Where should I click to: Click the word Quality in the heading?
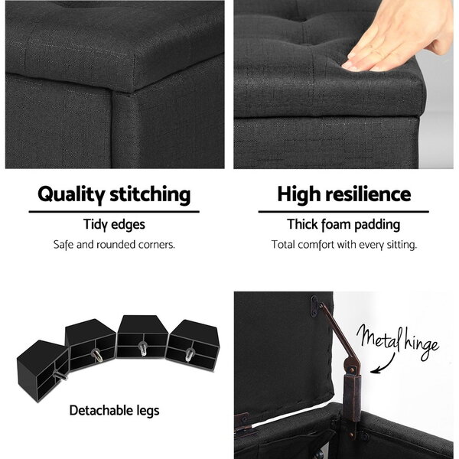pyautogui.click(x=71, y=194)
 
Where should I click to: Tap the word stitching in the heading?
pyautogui.click(x=150, y=194)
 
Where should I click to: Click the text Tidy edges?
pyautogui.click(x=114, y=225)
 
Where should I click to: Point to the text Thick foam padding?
pyautogui.click(x=343, y=225)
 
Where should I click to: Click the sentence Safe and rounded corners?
pyautogui.click(x=114, y=245)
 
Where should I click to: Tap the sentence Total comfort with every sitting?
pyautogui.click(x=344, y=245)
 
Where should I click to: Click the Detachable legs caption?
pyautogui.click(x=115, y=410)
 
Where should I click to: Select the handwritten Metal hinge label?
pyautogui.click(x=398, y=342)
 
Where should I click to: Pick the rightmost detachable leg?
pyautogui.click(x=193, y=346)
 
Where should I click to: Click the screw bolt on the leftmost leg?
pyautogui.click(x=60, y=376)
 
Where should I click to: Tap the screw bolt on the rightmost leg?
pyautogui.click(x=189, y=355)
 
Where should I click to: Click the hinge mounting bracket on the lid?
pyautogui.click(x=314, y=306)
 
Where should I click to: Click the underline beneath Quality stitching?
pyautogui.click(x=114, y=212)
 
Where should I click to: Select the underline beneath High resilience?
pyautogui.click(x=343, y=212)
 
